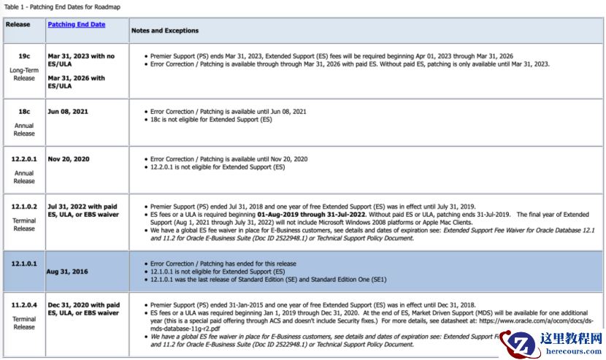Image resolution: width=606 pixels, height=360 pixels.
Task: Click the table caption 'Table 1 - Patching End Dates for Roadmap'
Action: [62, 7]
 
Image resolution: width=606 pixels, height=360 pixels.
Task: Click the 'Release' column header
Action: [18, 24]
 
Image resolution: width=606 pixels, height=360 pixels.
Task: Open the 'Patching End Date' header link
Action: [76, 24]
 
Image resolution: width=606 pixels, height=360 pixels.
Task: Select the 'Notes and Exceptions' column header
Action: [164, 31]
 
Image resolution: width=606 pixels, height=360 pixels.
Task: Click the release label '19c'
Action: [24, 55]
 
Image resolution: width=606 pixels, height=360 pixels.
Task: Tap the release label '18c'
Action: [24, 112]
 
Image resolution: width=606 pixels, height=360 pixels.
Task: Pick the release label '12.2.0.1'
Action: [24, 158]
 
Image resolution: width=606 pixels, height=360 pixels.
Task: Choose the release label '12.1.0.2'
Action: [24, 206]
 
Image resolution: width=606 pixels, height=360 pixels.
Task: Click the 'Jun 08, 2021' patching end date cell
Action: [67, 112]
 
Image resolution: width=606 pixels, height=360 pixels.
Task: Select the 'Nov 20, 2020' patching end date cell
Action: [68, 158]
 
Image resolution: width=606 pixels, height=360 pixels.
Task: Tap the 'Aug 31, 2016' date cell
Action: [67, 272]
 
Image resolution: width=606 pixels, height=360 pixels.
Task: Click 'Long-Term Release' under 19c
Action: [24, 74]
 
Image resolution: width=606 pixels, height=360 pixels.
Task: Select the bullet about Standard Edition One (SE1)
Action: [268, 279]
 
